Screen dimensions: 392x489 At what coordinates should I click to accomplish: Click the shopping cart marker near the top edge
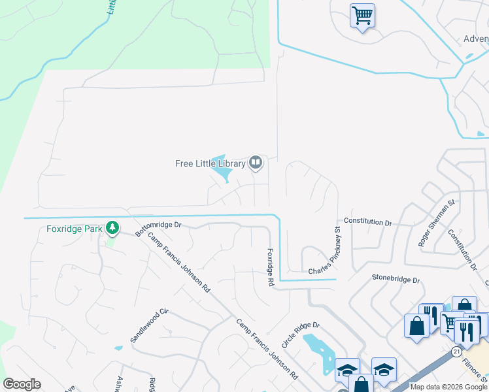coord(363,15)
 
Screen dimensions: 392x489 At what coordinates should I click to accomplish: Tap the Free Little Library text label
coord(210,163)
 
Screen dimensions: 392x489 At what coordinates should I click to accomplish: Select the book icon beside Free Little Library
coord(256,162)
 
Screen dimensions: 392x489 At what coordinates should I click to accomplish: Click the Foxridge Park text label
coord(75,229)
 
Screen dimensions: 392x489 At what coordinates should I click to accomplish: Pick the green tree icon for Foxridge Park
coord(113,227)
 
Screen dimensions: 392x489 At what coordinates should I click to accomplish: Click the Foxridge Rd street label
coord(269,267)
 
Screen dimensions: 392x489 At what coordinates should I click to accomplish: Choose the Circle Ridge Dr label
coord(300,333)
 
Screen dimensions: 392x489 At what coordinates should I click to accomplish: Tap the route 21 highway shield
coord(455,351)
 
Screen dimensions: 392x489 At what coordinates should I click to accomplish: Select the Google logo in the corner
coord(22,384)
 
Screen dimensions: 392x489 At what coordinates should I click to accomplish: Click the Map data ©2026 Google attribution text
coord(448,387)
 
